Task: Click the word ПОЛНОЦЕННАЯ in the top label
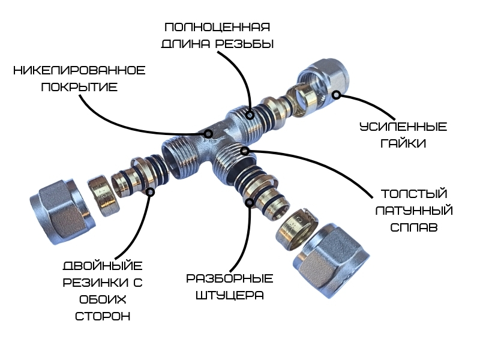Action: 217,27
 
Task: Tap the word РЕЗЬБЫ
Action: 244,44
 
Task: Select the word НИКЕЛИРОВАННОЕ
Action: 79,71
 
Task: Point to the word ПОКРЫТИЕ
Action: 79,87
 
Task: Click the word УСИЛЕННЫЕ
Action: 403,127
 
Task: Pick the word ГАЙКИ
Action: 403,143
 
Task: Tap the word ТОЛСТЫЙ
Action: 414,194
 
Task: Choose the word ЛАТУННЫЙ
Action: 414,211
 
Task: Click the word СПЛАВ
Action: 414,227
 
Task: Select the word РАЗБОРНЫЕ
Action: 230,278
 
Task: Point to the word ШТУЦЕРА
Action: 230,295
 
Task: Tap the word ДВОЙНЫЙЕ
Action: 103,265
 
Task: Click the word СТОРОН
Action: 103,316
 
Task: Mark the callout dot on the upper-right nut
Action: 337,95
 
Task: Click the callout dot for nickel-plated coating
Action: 209,134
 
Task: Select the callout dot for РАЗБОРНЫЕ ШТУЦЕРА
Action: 250,202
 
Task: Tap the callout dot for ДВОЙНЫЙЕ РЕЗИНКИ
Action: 151,192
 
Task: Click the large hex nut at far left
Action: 63,211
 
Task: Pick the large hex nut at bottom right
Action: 331,260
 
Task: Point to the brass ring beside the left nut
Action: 101,196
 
